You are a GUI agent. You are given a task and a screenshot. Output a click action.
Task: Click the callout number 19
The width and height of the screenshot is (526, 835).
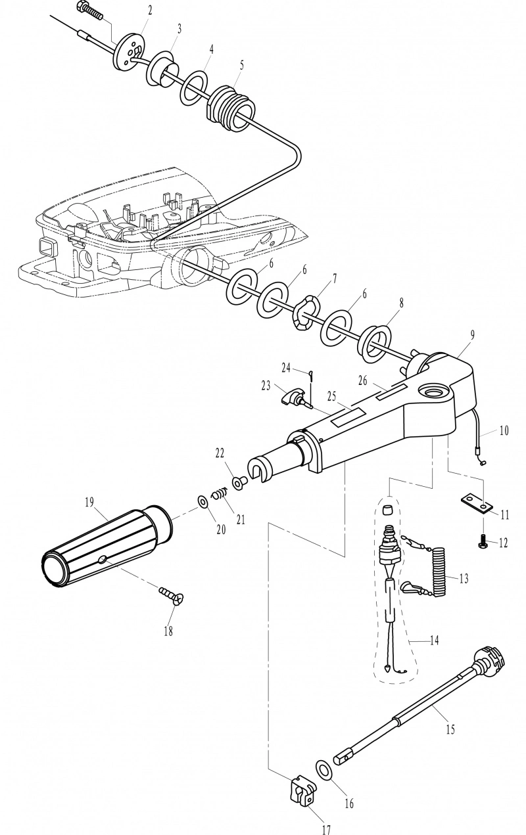tap(89, 502)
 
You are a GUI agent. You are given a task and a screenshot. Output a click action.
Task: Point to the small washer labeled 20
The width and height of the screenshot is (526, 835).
tap(203, 502)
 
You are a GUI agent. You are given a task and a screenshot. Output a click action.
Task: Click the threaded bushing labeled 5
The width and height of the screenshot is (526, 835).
tap(231, 109)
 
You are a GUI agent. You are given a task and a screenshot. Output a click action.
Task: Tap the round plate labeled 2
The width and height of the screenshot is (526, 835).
tap(129, 51)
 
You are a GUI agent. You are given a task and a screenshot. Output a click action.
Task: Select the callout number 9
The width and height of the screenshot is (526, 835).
tap(472, 334)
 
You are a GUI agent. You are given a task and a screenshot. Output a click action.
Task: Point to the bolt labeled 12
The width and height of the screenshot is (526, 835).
tap(483, 541)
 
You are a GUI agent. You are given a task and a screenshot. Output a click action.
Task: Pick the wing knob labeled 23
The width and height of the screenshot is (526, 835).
tap(294, 398)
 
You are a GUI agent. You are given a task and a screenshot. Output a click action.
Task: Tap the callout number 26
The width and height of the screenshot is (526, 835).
tap(362, 380)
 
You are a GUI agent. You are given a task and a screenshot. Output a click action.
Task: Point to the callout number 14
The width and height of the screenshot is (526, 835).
tap(434, 641)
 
